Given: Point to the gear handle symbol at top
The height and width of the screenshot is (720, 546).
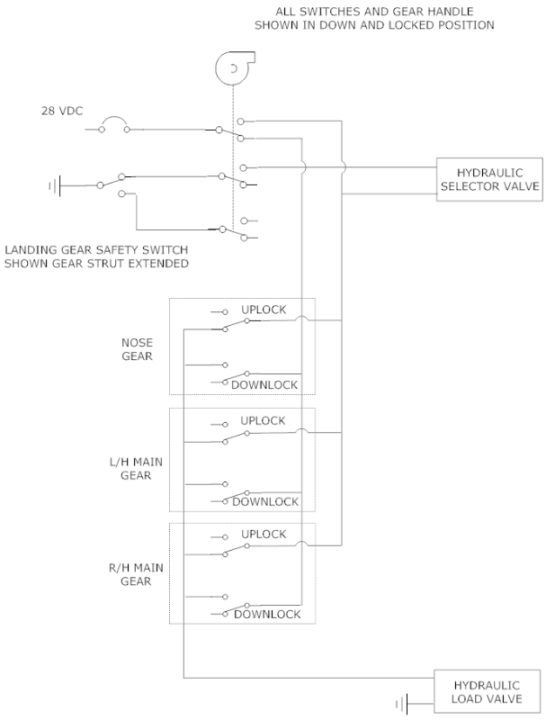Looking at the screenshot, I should tap(232, 67).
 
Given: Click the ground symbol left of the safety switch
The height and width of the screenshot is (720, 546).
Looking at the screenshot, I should tap(55, 185).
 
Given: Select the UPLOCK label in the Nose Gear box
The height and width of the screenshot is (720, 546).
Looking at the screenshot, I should tap(263, 310).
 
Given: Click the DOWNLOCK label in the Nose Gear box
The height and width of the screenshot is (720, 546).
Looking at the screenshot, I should tap(264, 385).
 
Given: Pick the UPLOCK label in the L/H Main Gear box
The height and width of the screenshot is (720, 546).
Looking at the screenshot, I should tap(263, 420).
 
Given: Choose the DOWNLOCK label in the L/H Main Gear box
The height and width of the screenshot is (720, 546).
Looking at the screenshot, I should tap(264, 501).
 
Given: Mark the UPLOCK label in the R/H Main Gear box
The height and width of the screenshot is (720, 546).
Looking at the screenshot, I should tap(263, 534).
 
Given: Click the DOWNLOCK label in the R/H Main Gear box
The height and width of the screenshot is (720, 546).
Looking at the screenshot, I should tap(266, 614).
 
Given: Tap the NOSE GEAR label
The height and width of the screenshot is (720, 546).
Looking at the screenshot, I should tap(137, 349).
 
